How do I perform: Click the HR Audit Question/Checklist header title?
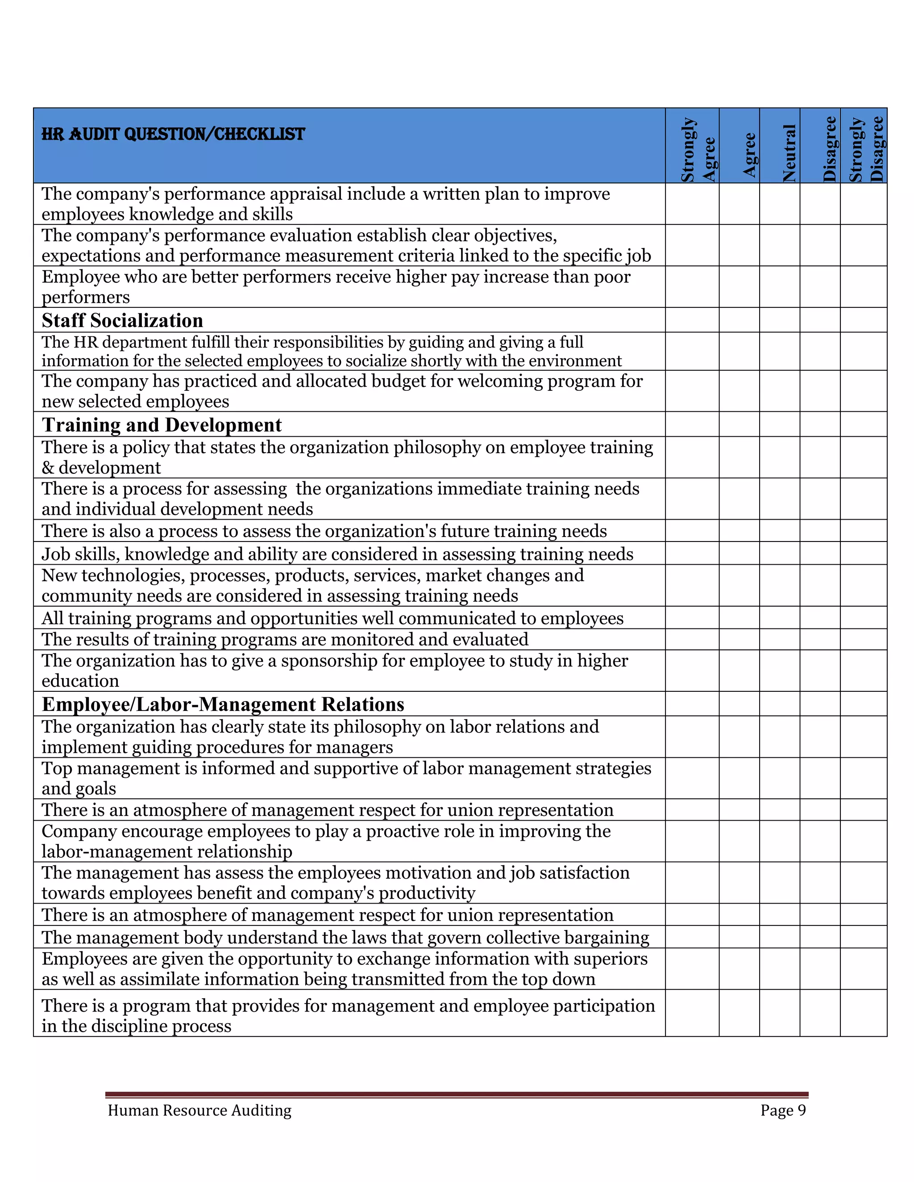click(173, 134)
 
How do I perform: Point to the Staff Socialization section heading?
click(122, 320)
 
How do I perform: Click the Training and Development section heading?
click(162, 425)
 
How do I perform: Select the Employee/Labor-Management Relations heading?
click(223, 704)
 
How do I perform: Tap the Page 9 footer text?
click(782, 1110)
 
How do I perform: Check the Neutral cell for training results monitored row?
click(779, 639)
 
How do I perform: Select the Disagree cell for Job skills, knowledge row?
click(820, 553)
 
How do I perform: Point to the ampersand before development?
click(48, 467)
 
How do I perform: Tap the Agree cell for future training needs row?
click(739, 530)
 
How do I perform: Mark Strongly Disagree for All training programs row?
click(863, 617)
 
